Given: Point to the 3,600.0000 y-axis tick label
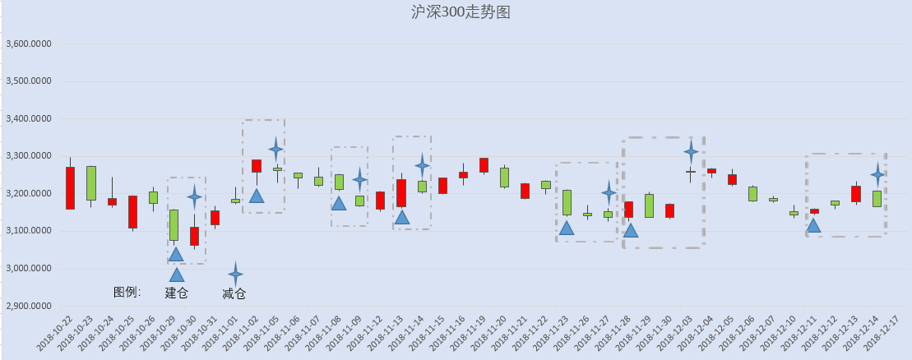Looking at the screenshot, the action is click(28, 44).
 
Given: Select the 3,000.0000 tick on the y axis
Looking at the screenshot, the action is click(28, 269).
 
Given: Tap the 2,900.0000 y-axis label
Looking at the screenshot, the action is click(28, 307).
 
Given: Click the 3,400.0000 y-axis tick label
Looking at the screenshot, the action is click(28, 118).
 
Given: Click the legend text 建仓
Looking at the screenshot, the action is click(176, 293).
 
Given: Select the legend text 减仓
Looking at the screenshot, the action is click(234, 293).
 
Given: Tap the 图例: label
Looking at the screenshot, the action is click(127, 292).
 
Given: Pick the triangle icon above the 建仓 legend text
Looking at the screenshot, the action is click(176, 275).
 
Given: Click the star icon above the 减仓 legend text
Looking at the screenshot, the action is click(235, 274).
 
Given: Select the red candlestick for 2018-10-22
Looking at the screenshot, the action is click(70, 188).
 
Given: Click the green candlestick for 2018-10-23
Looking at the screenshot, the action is click(91, 183).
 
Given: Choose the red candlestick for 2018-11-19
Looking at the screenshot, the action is click(484, 165).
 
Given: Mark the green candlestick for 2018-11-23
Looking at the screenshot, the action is click(567, 202).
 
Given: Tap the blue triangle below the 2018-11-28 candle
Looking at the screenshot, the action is click(631, 230).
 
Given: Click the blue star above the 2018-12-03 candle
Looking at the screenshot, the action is click(691, 152).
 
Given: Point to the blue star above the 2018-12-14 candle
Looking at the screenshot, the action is click(877, 174).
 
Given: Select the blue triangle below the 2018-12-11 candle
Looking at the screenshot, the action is click(813, 226).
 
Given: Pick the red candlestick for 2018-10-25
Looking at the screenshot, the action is click(132, 212).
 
